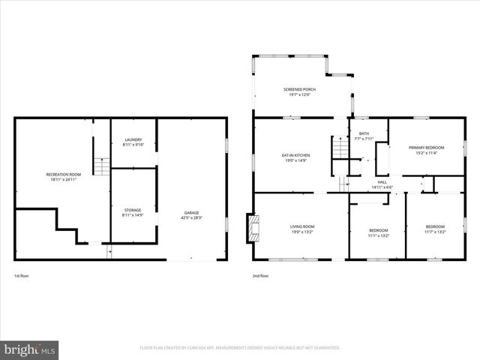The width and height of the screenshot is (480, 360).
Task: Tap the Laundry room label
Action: [133, 139]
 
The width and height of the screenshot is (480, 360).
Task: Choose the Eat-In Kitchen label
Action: [295, 155]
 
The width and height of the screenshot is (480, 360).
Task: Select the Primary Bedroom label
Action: [426, 148]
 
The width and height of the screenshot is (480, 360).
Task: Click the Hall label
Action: [382, 181]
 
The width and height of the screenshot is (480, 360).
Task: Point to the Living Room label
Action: [302, 226]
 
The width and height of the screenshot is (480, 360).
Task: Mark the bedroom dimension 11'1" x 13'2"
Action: [378, 235]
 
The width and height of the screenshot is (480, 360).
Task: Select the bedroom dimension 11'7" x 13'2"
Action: [435, 232]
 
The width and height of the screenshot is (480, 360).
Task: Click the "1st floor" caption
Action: [22, 276]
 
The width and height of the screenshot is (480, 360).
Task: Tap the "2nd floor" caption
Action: [260, 276]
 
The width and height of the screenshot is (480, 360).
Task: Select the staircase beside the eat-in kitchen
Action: [340, 147]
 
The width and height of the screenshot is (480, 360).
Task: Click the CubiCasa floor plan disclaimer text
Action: [240, 348]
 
